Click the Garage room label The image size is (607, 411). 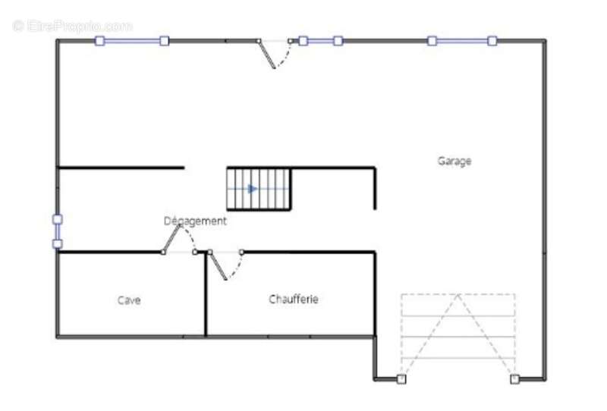[x=454, y=161]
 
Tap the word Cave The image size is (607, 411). [x=129, y=300]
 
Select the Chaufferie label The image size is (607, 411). [x=294, y=300]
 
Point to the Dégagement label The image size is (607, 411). [x=195, y=221]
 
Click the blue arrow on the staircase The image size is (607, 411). [x=253, y=189]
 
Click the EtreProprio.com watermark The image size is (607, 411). [x=72, y=27]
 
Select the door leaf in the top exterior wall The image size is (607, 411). [x=267, y=54]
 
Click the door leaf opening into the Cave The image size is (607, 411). [x=171, y=238]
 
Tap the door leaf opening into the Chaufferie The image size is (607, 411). [x=218, y=265]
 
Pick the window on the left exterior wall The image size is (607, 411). [x=58, y=231]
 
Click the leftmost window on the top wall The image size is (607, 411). [x=132, y=41]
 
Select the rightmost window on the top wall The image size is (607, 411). [x=462, y=41]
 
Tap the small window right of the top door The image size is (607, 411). [x=320, y=41]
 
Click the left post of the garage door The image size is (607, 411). [x=401, y=379]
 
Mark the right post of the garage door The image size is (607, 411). [x=514, y=379]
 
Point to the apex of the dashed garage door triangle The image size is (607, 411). [x=458, y=295]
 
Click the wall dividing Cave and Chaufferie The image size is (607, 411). [x=206, y=294]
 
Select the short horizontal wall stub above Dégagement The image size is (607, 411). [x=121, y=168]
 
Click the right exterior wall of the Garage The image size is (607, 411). [x=544, y=209]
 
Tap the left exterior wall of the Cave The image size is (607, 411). [x=58, y=294]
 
